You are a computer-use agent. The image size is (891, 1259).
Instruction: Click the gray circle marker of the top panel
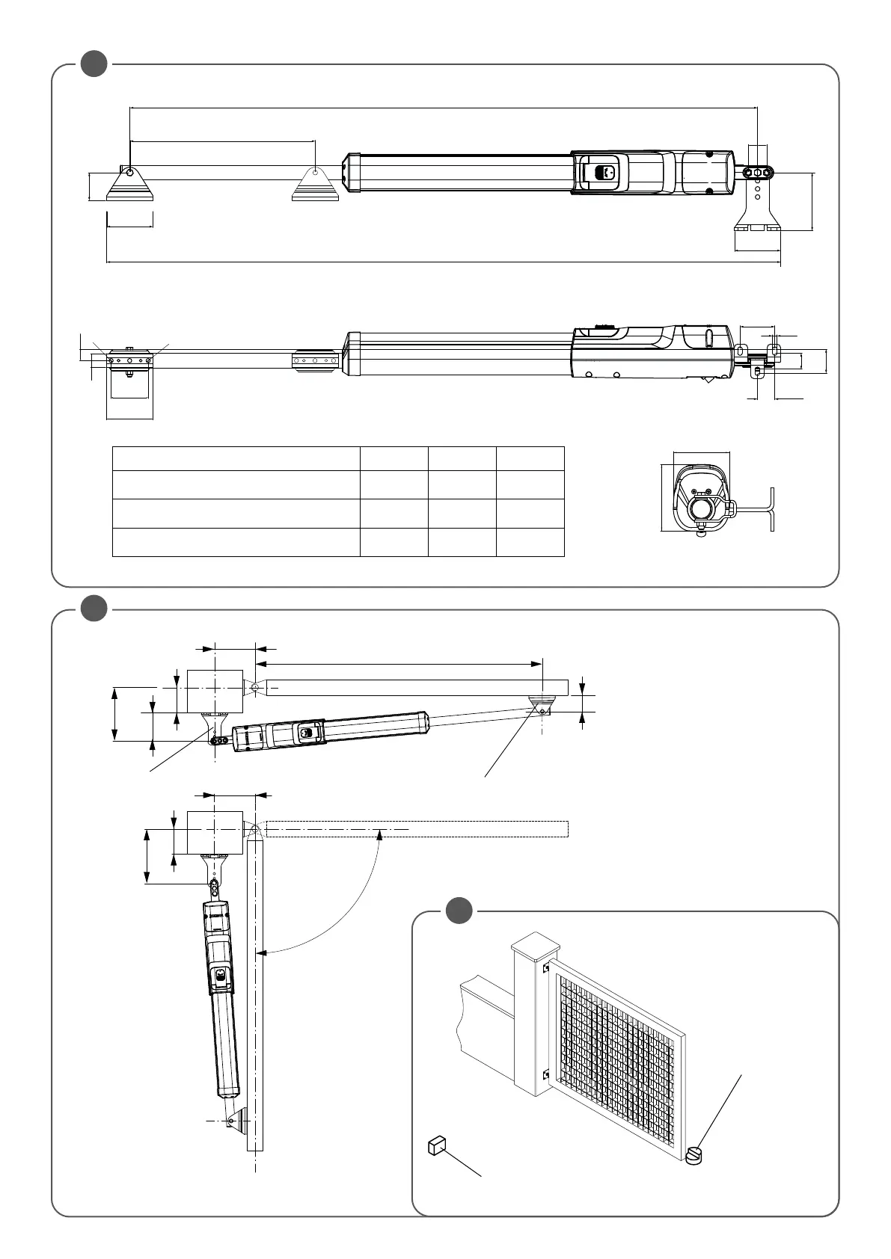94,64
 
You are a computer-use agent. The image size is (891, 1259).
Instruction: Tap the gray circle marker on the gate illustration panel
459,911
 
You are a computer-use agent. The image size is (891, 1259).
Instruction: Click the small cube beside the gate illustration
437,1145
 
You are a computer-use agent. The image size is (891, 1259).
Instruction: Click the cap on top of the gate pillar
536,944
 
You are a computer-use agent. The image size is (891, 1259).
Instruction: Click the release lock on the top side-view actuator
601,172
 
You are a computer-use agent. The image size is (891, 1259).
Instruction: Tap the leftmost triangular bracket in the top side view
130,185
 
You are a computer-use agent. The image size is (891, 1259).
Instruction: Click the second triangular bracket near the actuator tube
316,185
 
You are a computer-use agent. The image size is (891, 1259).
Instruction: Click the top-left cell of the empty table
236,458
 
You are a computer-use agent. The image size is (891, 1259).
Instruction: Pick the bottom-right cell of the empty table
530,542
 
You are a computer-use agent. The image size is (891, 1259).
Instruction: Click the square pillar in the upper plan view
215,691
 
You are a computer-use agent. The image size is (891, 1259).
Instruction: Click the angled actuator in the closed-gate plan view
329,729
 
